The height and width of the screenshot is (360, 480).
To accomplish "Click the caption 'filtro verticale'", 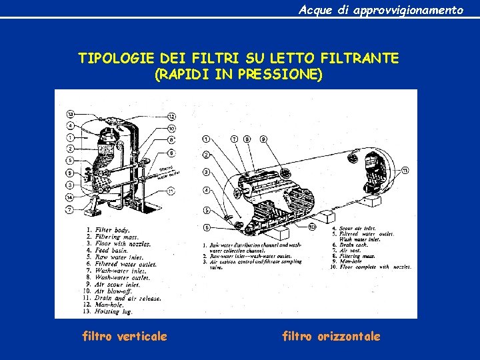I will [124, 336].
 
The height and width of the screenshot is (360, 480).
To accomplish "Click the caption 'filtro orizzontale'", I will [331, 336].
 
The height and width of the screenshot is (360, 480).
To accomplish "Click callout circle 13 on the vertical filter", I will [70, 113].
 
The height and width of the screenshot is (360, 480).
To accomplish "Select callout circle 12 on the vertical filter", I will [171, 117].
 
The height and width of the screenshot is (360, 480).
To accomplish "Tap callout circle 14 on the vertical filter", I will [70, 197].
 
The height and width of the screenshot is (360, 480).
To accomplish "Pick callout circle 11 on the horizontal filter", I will [405, 171].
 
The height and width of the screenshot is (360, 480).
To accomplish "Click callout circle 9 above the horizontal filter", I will [263, 139].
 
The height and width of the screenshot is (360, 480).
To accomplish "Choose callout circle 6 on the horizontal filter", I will [206, 227].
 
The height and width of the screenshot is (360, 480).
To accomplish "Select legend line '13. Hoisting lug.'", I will [105, 310].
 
